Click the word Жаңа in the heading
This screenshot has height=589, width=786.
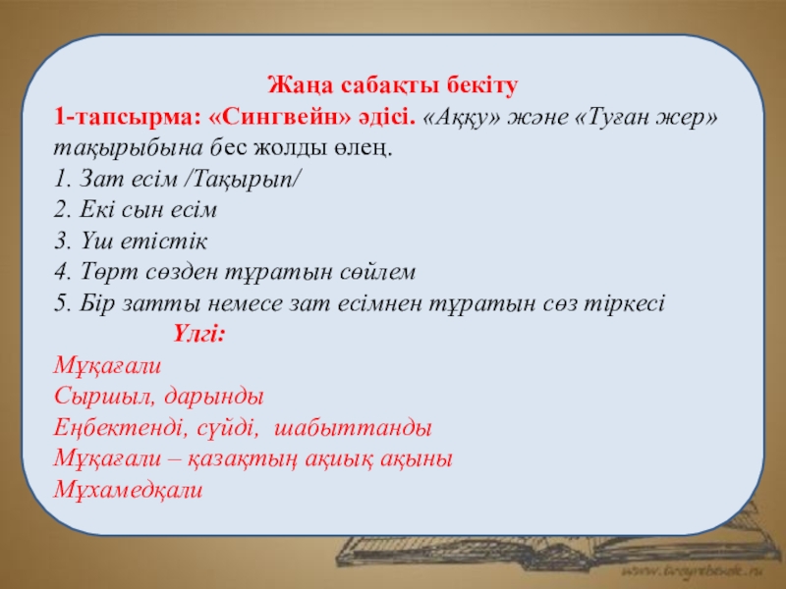coord(301,86)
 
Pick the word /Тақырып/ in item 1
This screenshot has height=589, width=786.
coord(243,180)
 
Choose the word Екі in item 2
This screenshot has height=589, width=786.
coord(95,210)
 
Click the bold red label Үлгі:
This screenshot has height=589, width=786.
coord(199,334)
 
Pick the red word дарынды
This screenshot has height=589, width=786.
coord(213,397)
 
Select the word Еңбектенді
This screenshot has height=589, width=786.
coord(121,428)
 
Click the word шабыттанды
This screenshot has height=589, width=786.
coord(354,428)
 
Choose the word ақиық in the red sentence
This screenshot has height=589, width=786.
coord(339,459)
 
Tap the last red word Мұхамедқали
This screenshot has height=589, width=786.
coord(128,490)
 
